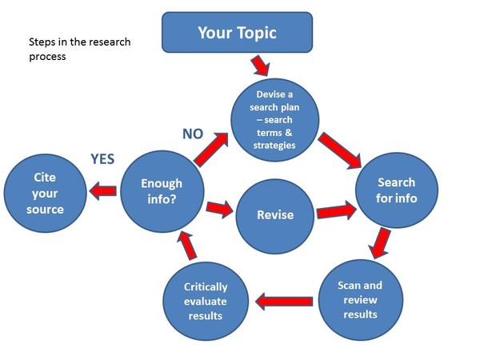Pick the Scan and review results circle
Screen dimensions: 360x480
tap(360, 298)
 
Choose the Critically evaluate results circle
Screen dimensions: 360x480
tap(206, 299)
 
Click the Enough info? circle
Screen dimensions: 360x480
tap(162, 190)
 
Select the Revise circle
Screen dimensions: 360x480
tap(274, 214)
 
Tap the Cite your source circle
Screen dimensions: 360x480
tap(44, 192)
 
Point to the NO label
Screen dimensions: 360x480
tap(193, 134)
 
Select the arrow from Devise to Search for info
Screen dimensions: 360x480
tap(339, 150)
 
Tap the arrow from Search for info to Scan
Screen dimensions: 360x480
tap(380, 243)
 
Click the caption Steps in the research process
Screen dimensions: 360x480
tap(79, 49)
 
